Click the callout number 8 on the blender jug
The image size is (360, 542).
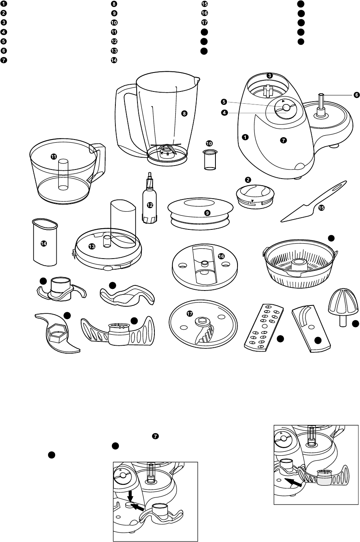[x=184, y=113]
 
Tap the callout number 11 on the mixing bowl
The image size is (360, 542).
[x=54, y=156]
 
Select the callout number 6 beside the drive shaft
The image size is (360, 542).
[x=356, y=95]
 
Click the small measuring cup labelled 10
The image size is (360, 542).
[x=210, y=160]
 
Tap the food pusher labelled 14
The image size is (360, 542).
[x=45, y=242]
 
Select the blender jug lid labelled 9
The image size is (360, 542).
[x=200, y=213]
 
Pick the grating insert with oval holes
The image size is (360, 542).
[x=264, y=328]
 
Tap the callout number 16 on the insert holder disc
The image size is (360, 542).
[x=221, y=256]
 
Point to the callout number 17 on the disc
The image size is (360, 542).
[x=190, y=314]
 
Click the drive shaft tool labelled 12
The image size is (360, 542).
[x=149, y=198]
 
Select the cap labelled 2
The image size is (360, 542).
[x=255, y=195]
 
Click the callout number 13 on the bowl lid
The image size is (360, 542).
[x=92, y=246]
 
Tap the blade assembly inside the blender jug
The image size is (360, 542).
[x=167, y=148]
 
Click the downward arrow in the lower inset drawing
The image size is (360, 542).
[x=130, y=496]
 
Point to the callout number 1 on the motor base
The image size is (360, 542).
[x=245, y=137]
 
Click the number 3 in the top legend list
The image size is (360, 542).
[x=4, y=22]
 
